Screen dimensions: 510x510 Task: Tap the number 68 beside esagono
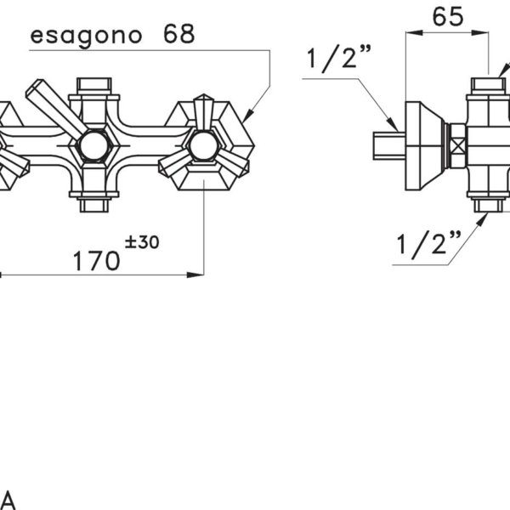(x=178, y=34)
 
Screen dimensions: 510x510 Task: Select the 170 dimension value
(x=96, y=261)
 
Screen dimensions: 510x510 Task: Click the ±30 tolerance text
(x=142, y=242)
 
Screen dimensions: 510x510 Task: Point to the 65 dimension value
(x=448, y=17)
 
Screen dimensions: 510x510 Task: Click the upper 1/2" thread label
(x=338, y=59)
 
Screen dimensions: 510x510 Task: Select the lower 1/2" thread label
(x=428, y=245)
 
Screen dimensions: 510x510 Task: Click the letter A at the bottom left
(x=6, y=500)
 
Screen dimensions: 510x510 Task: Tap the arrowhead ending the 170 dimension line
(x=195, y=275)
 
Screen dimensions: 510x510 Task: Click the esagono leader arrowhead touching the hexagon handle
(x=248, y=116)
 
